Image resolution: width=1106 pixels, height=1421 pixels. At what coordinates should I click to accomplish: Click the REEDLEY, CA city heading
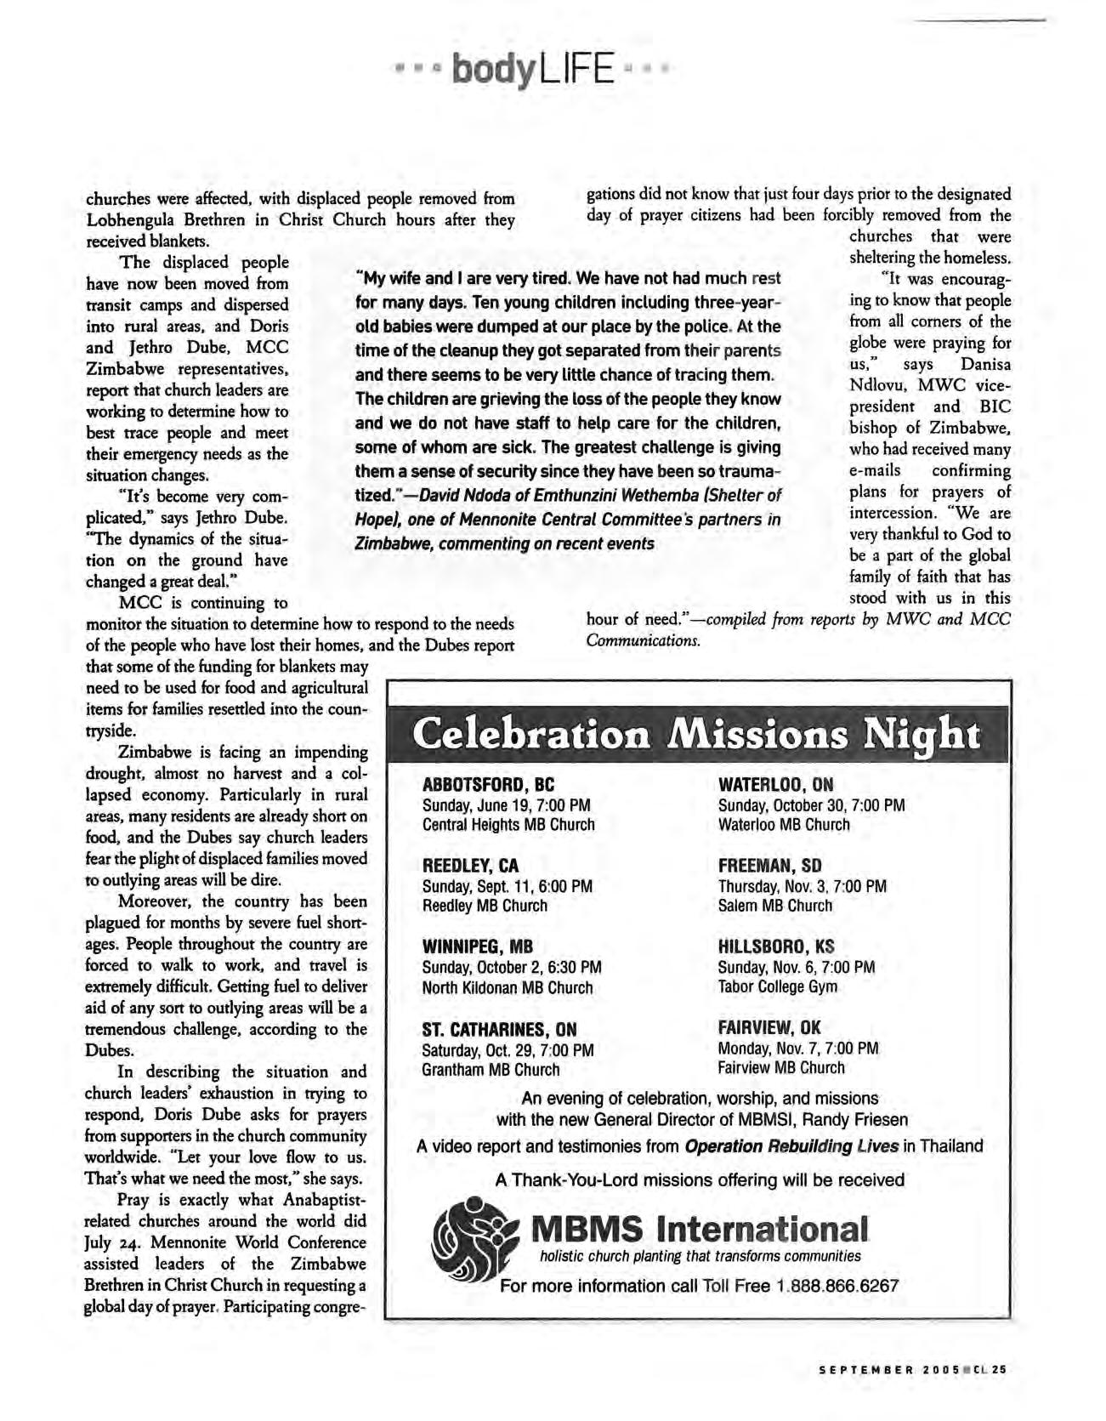point(470,867)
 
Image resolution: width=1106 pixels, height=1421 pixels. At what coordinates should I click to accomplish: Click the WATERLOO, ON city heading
point(775,784)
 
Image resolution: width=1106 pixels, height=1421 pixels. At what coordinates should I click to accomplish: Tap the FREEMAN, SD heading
point(769,866)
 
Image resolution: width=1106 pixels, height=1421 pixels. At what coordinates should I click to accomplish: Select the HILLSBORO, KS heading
point(776,946)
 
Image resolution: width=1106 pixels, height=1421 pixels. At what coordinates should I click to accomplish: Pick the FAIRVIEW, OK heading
point(769,1027)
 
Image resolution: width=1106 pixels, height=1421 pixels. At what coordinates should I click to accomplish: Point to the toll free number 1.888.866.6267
point(837,1286)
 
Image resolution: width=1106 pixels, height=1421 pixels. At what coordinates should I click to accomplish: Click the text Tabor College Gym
point(777,986)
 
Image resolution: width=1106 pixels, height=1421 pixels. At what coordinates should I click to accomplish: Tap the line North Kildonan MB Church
point(507,988)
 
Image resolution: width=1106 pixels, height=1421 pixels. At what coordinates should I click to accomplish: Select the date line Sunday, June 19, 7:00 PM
point(506,805)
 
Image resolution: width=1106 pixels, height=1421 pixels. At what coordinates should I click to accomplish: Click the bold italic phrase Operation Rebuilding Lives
point(791,1146)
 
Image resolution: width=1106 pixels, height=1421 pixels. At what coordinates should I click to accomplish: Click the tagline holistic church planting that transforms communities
point(700,1257)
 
